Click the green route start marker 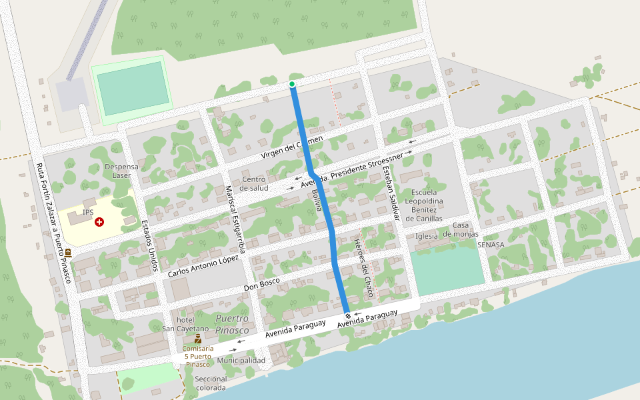tap(292, 84)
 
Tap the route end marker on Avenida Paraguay tap(347, 315)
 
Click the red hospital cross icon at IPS tap(99, 221)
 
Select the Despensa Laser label tap(121, 171)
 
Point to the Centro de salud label tap(253, 183)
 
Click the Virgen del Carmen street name tap(291, 147)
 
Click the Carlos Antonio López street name tap(203, 266)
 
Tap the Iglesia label tap(426, 236)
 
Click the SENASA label tap(491, 245)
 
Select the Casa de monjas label tap(461, 229)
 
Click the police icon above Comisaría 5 tap(198, 339)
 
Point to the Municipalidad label tap(241, 361)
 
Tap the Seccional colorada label tap(211, 383)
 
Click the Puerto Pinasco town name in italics tap(232, 324)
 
